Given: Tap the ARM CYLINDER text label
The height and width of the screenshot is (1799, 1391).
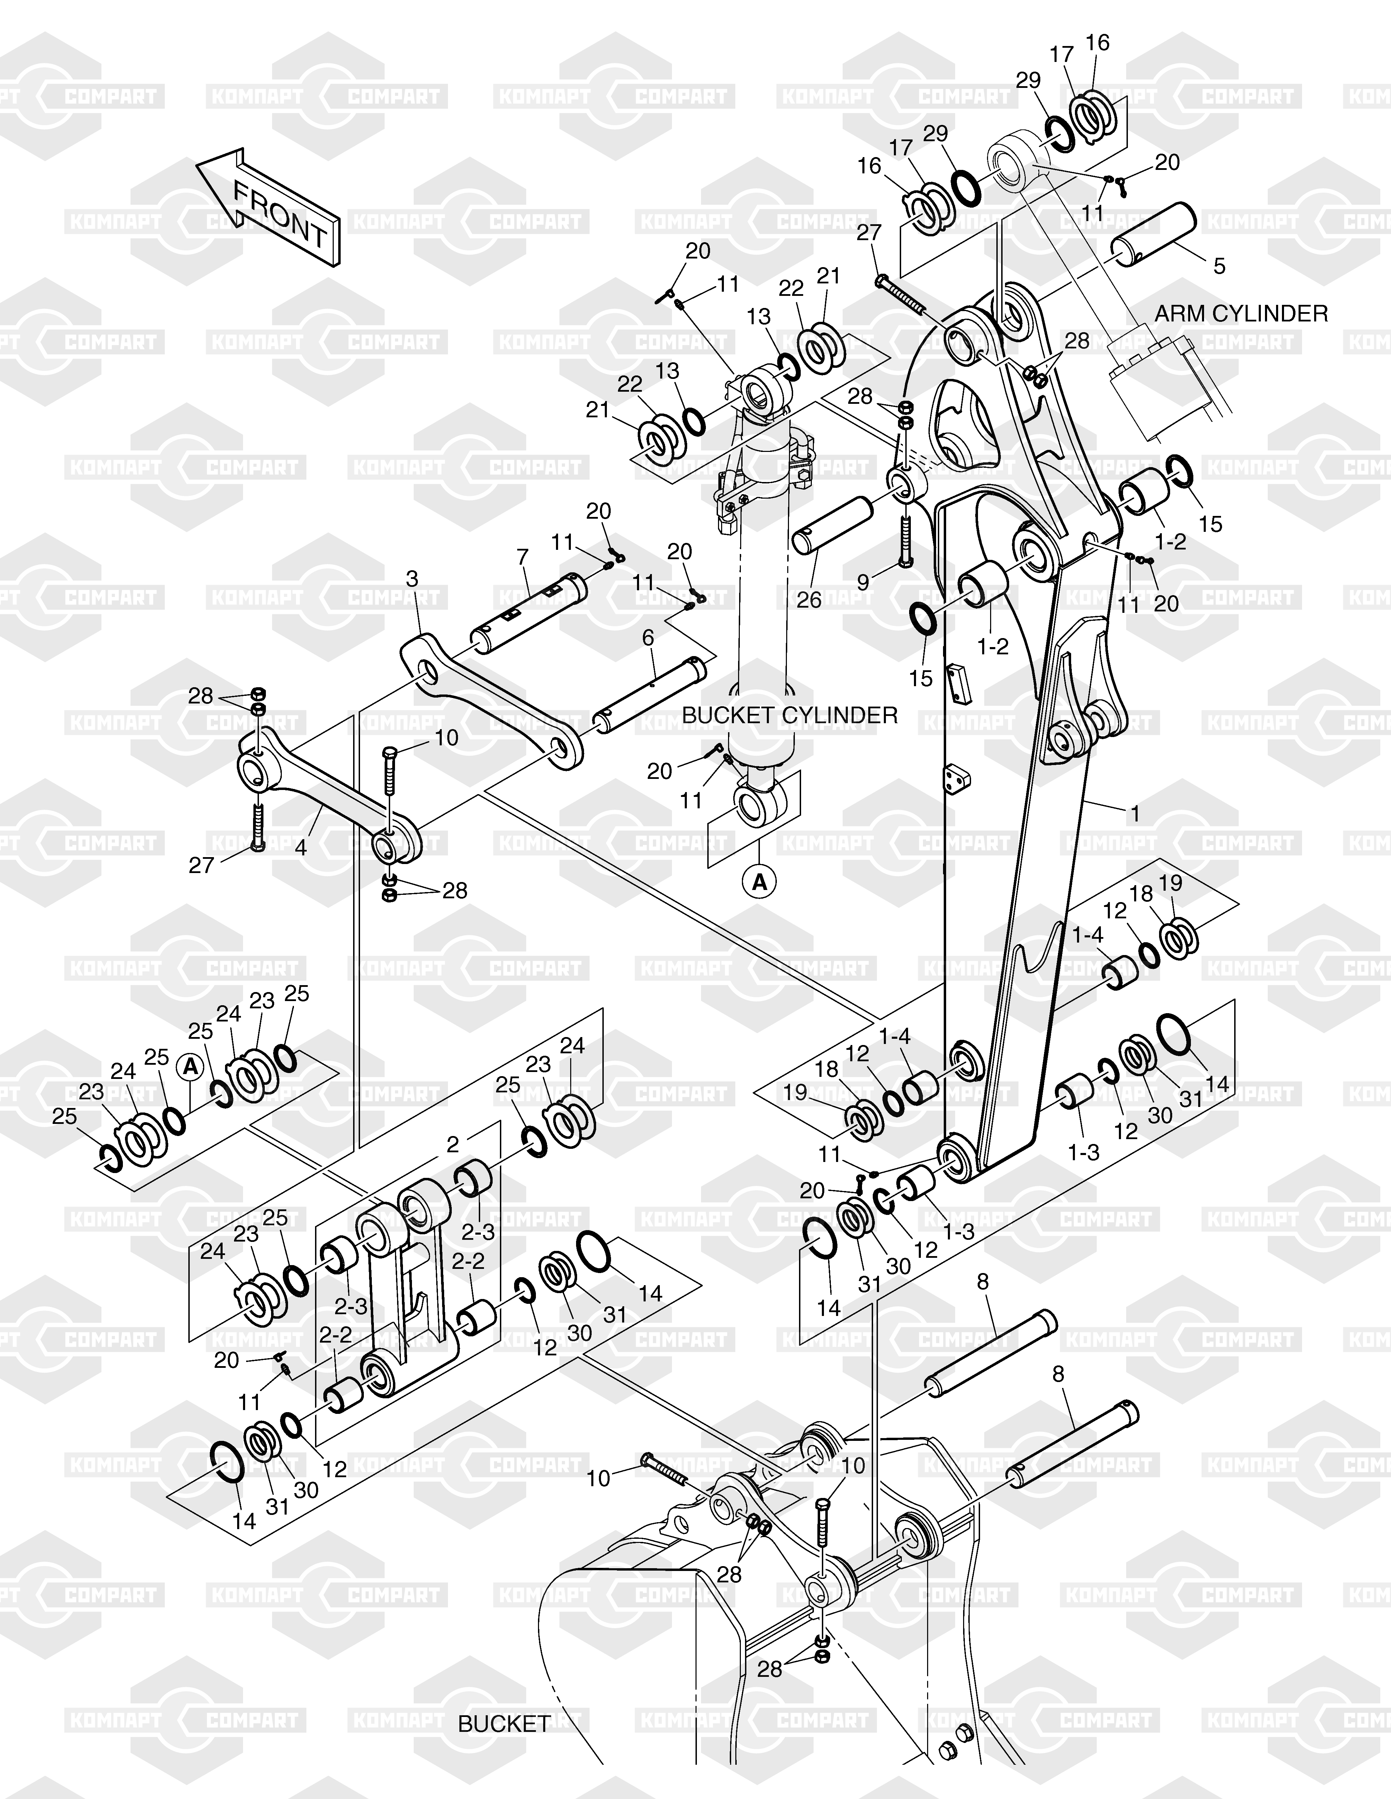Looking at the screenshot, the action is click(x=1241, y=314).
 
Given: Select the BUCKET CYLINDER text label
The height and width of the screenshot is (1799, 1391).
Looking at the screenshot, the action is click(x=789, y=715).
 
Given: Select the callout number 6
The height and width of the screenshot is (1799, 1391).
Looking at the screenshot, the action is click(x=648, y=638).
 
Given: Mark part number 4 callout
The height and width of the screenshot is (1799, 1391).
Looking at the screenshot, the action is click(x=301, y=847).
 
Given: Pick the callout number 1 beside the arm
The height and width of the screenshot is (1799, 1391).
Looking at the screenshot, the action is click(x=1136, y=813).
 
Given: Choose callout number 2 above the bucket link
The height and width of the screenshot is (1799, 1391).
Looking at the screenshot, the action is click(x=452, y=1144).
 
